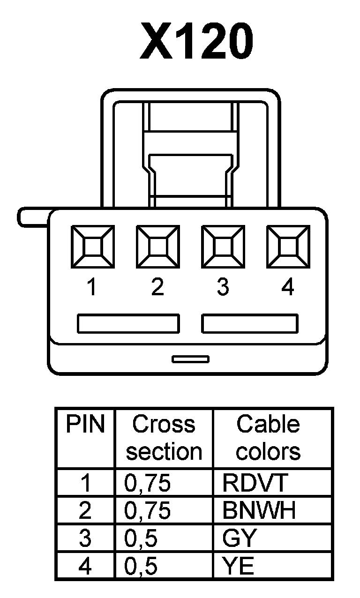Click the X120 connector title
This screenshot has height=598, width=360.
pyautogui.click(x=197, y=42)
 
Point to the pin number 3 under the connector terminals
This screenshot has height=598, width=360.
pyautogui.click(x=223, y=287)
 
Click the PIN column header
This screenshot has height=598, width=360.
pyautogui.click(x=85, y=425)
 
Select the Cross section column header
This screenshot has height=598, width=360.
pyautogui.click(x=164, y=438)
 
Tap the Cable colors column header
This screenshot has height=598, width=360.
pyautogui.click(x=268, y=438)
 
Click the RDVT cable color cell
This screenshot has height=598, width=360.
pyautogui.click(x=254, y=483)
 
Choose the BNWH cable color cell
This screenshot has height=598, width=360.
pyautogui.click(x=259, y=511)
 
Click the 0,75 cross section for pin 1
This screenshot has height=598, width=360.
pyautogui.click(x=148, y=483)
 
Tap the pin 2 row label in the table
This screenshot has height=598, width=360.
pyautogui.click(x=85, y=511)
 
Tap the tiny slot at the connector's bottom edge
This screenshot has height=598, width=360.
pyautogui.click(x=190, y=359)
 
